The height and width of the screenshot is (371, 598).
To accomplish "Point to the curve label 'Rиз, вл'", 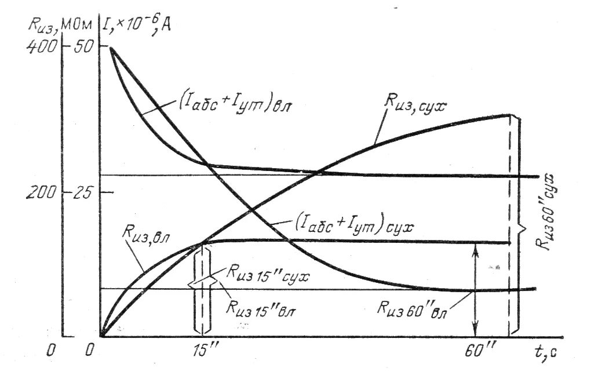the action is pos(141,236).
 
